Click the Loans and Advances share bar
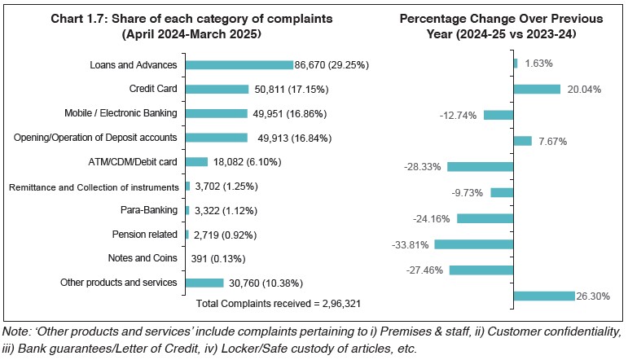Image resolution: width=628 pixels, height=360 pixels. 239,65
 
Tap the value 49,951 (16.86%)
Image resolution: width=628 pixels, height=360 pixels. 290,114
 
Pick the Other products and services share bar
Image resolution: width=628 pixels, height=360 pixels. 204,283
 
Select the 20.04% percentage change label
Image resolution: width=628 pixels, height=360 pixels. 583,90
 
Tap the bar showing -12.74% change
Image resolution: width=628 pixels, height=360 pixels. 498,115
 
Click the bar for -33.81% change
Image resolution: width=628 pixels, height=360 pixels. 474,244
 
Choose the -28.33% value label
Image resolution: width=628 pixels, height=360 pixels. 422,167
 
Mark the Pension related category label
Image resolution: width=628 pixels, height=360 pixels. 143,235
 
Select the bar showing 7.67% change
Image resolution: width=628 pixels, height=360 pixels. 522,141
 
